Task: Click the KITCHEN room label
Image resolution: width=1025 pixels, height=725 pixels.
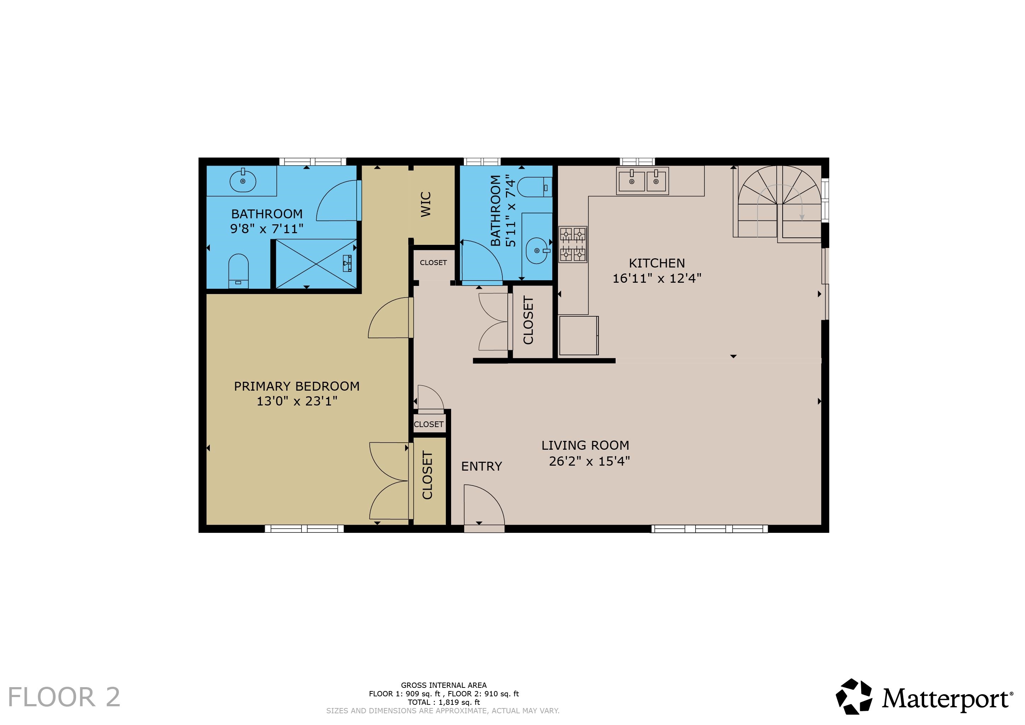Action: (657, 263)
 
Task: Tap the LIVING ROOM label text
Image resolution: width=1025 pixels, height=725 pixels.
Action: (585, 445)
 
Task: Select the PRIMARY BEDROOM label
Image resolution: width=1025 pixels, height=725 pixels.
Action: (297, 386)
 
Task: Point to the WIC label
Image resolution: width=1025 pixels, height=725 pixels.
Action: (426, 204)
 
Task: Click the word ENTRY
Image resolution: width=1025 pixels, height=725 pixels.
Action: (481, 466)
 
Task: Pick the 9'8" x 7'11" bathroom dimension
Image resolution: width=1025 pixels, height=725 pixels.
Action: (266, 229)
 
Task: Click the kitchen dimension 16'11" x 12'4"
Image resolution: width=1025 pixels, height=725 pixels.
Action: (657, 278)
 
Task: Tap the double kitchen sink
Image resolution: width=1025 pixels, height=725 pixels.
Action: (643, 181)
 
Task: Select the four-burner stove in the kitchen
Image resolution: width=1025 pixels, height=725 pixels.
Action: (573, 244)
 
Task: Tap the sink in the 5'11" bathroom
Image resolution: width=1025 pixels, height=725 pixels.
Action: (537, 251)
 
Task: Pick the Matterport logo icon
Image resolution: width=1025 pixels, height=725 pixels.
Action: (854, 697)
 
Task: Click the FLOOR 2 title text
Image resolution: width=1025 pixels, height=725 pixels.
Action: (64, 697)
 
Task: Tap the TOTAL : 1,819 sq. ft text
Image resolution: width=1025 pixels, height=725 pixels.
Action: (444, 702)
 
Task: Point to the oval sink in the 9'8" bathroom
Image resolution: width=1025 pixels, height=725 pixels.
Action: (243, 181)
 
